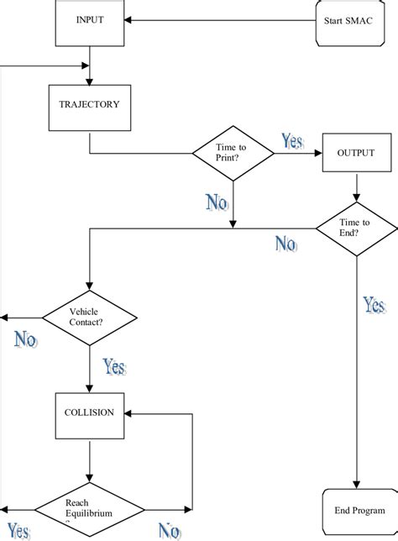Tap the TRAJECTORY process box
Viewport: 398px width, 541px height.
[90, 106]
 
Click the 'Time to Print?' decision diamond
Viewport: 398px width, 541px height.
[233, 153]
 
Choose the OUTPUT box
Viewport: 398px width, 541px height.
[356, 153]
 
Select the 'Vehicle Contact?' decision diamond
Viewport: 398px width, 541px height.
[89, 317]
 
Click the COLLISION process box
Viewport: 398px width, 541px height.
[90, 414]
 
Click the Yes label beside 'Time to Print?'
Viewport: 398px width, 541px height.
[292, 141]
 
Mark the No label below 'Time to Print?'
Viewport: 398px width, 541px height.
[217, 202]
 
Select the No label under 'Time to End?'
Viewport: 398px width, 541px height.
[285, 244]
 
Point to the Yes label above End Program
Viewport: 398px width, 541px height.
[374, 306]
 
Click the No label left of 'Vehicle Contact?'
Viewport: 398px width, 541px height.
[25, 339]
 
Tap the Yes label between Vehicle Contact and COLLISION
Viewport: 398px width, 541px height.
[114, 366]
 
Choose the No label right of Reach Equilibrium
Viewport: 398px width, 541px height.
[169, 531]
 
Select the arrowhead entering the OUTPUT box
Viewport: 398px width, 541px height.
[318, 154]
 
